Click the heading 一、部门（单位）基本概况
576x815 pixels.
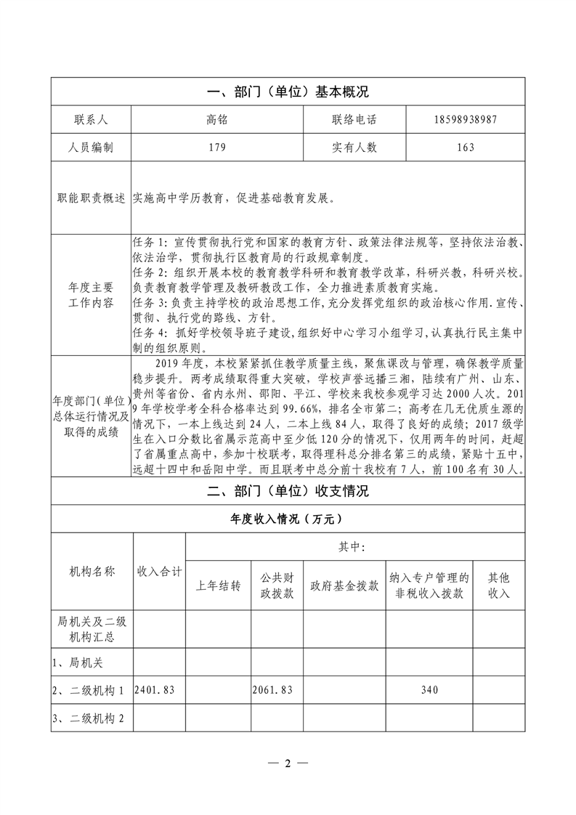[x=288, y=92]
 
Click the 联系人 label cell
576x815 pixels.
[x=91, y=119]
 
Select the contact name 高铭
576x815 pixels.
[x=216, y=119]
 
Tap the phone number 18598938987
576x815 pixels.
[x=466, y=119]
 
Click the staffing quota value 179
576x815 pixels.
[x=216, y=147]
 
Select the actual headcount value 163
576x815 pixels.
[x=466, y=147]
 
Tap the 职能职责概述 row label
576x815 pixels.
[x=91, y=198]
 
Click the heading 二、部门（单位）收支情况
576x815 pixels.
[x=288, y=491]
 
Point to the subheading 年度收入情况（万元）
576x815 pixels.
[x=288, y=519]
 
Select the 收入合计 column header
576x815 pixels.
[x=160, y=572]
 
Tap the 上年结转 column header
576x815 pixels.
[x=219, y=586]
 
